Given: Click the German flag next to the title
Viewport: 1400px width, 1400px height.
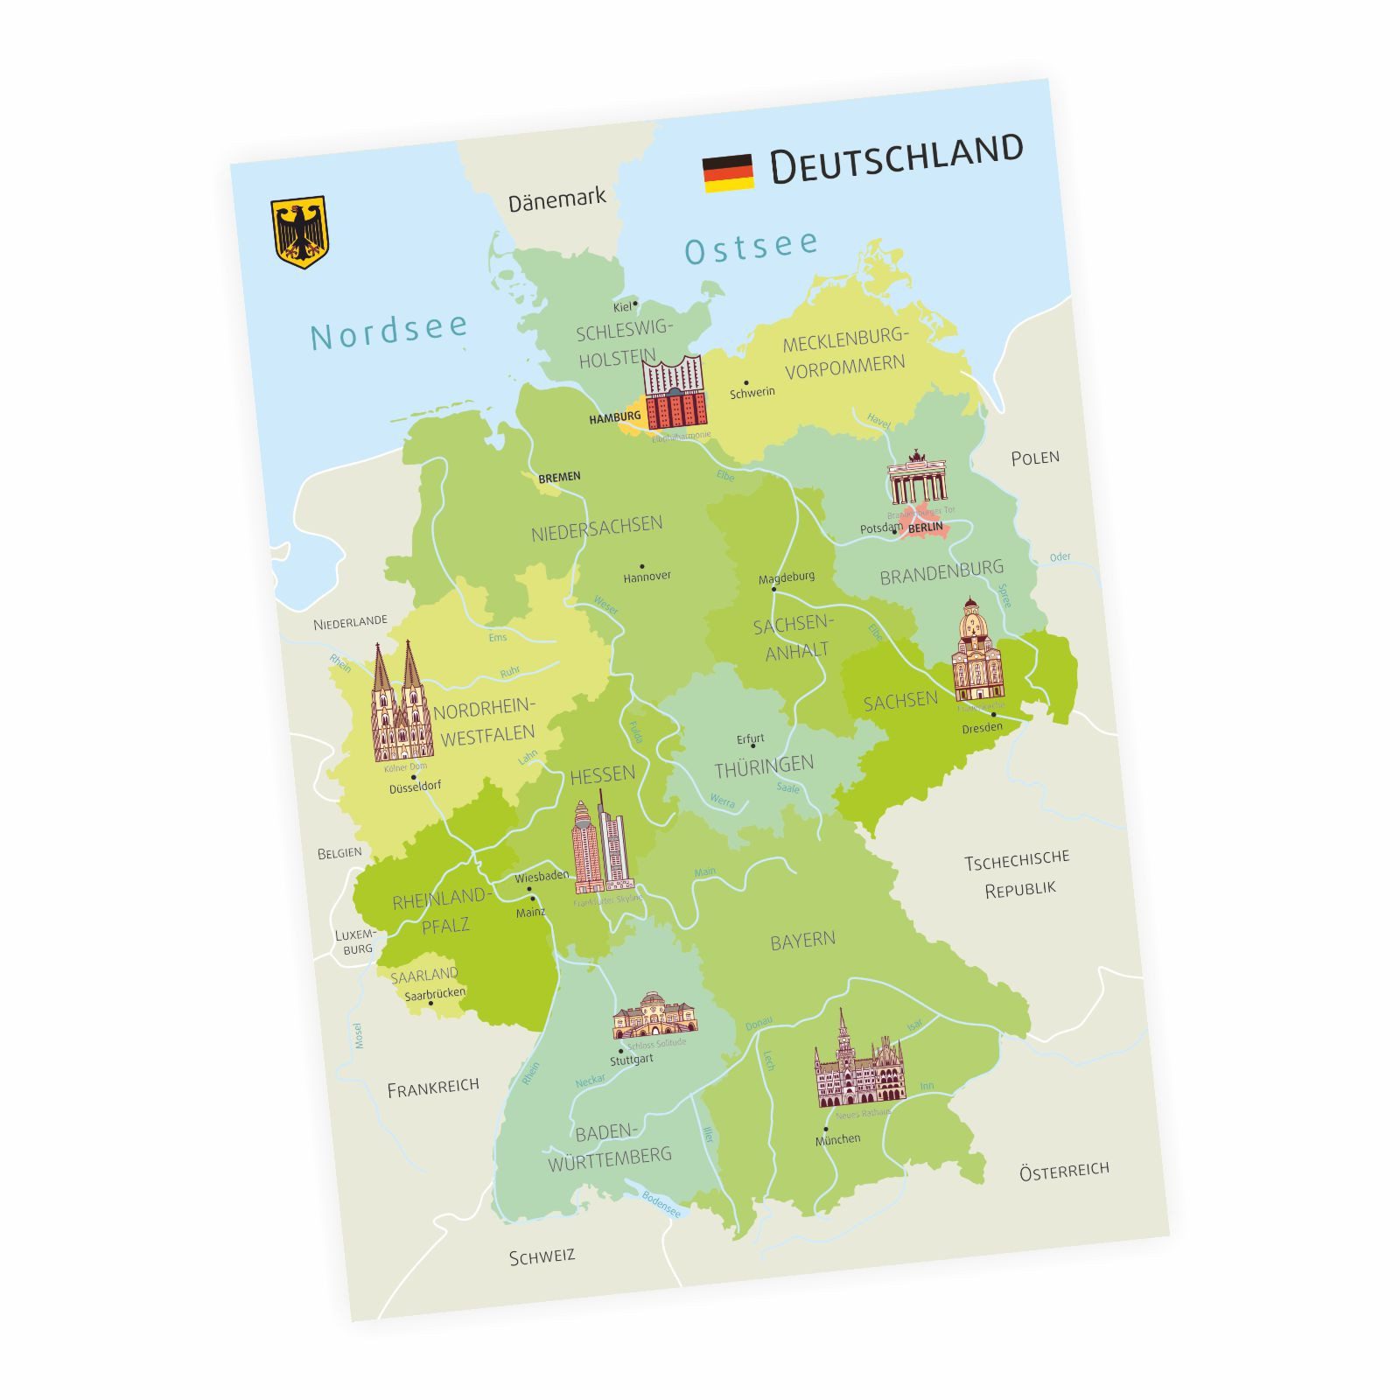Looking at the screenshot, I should tap(728, 173).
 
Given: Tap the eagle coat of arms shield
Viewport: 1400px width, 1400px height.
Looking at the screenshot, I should tap(299, 232).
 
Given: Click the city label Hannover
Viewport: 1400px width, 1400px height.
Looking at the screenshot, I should tap(647, 577).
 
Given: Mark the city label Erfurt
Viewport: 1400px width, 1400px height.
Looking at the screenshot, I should tap(750, 739).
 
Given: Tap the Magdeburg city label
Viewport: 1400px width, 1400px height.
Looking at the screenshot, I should tap(786, 578).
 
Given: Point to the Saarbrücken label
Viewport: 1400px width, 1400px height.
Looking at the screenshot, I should tap(435, 993).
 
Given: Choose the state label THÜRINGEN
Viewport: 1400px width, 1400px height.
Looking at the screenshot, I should tap(764, 767).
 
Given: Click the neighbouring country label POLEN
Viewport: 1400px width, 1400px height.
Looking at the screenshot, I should tap(1035, 458).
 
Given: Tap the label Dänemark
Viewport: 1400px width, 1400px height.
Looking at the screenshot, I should tap(556, 200).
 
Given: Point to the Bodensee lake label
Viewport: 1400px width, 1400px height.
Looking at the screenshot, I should tap(661, 1204).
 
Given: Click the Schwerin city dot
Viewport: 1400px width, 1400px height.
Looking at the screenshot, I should tap(746, 382).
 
